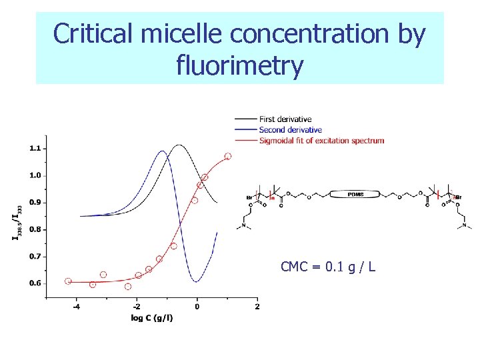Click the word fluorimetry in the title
[240, 65]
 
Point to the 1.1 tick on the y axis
[35, 148]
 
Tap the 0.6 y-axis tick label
[35, 283]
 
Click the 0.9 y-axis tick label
[35, 202]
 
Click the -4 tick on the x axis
[76, 307]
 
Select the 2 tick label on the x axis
[257, 307]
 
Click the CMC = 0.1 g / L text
[328, 267]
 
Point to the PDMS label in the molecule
[356, 195]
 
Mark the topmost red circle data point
[228, 156]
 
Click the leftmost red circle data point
[68, 281]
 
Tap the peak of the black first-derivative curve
[178, 145]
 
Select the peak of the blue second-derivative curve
[162, 151]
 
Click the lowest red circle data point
[128, 287]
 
